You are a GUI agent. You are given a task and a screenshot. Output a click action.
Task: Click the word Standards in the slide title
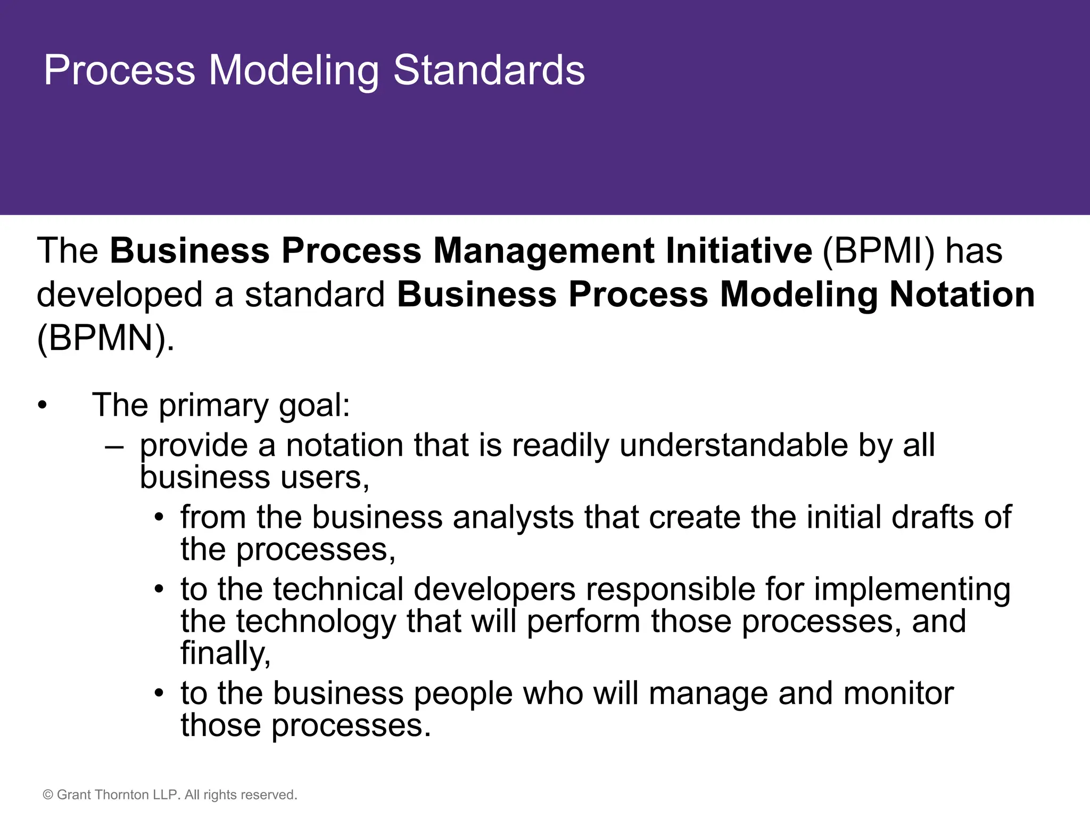[489, 70]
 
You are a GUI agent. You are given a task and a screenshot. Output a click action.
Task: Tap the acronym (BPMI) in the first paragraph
[878, 251]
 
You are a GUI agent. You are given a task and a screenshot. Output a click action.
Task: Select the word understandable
[734, 445]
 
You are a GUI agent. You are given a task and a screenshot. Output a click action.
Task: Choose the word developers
[494, 590]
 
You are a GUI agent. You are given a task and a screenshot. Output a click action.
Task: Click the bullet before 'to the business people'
[159, 694]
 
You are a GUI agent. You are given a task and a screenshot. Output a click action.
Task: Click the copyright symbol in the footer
[48, 795]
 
